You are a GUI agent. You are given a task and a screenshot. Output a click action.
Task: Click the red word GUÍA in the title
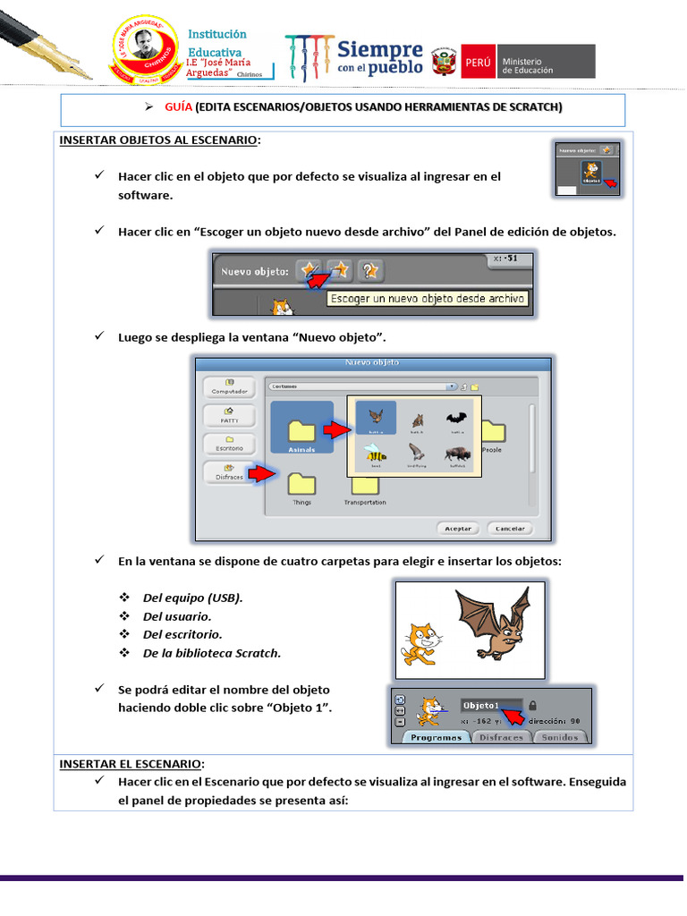click(178, 106)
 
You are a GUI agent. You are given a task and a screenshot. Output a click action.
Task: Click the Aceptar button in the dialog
click(459, 528)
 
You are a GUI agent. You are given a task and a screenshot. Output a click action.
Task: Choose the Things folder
click(301, 486)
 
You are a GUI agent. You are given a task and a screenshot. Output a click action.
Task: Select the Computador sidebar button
click(229, 386)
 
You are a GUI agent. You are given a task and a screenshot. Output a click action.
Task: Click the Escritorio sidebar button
click(229, 444)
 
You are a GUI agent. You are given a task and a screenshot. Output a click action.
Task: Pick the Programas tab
click(437, 737)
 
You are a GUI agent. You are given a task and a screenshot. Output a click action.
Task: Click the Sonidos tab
click(561, 737)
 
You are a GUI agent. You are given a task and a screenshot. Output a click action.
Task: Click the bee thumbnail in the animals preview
click(376, 454)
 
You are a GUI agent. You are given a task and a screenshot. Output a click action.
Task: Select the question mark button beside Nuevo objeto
click(369, 269)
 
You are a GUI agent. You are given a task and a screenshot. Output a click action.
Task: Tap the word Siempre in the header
click(379, 49)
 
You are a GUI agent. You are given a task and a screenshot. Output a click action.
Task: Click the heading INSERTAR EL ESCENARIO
click(131, 764)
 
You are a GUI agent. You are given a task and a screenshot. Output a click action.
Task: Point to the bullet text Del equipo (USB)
click(192, 598)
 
